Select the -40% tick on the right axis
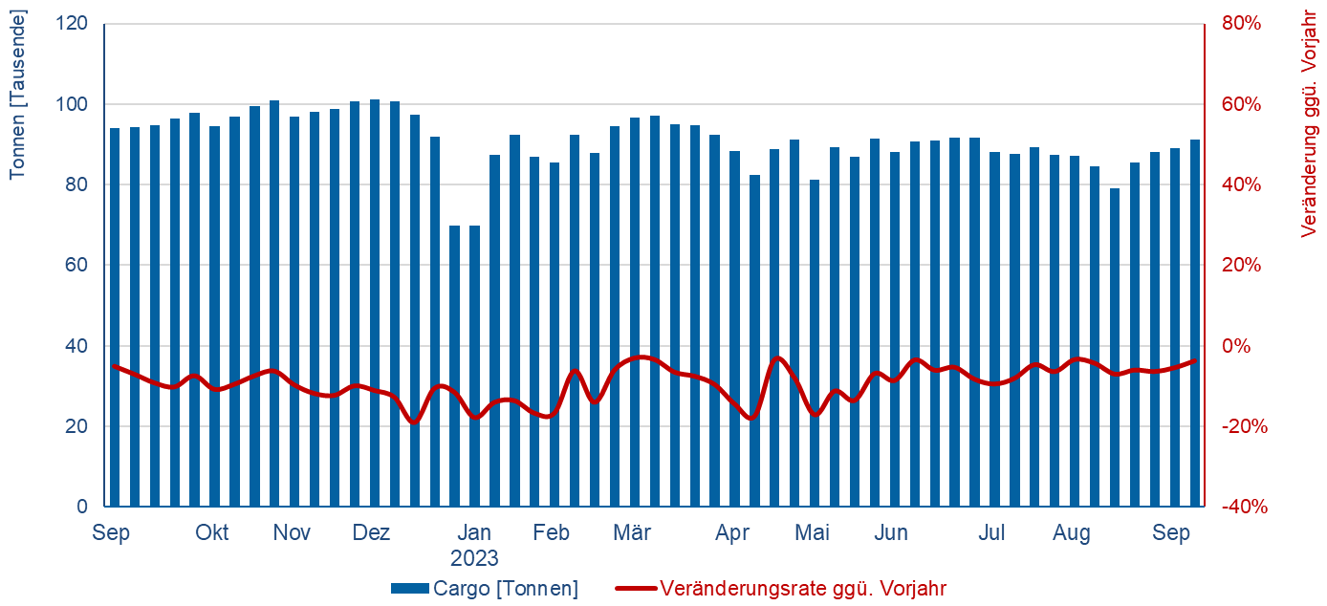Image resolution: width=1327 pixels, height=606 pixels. pos(1243,507)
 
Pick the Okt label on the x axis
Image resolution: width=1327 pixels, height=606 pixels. pos(212,533)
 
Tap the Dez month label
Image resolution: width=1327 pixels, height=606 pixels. pos(371,533)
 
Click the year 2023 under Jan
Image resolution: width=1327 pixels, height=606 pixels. pos(475,558)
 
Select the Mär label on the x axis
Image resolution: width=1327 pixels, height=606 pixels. pos(632,533)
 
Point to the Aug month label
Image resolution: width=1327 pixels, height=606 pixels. pos(1072,533)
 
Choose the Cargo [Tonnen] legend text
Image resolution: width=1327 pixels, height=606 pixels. pos(506,589)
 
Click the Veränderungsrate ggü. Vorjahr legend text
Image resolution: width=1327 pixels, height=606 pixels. pos(803,589)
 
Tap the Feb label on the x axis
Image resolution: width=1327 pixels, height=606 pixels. pos(553,533)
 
